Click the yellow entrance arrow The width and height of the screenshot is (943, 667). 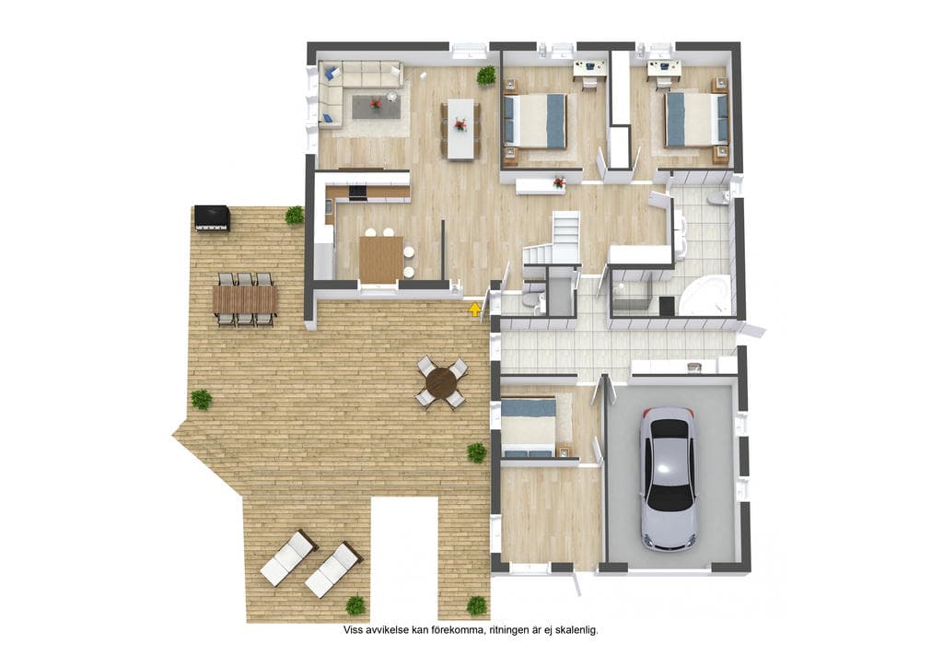(x=475, y=310)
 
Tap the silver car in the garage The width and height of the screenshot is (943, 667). (x=668, y=478)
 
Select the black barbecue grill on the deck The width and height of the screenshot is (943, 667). (x=211, y=218)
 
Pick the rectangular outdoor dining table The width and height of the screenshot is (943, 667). (x=245, y=298)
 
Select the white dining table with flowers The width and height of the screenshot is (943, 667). (x=460, y=129)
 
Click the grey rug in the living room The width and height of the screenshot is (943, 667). (x=376, y=107)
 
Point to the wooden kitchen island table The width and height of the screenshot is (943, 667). (x=381, y=259)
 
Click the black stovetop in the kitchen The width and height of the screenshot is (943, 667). (x=357, y=193)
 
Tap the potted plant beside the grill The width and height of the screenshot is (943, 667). (x=294, y=215)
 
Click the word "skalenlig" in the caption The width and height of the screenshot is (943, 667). (x=576, y=630)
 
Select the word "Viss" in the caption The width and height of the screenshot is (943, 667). (x=353, y=630)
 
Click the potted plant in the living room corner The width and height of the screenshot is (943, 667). (x=486, y=76)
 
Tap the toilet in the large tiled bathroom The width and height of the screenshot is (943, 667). (x=719, y=198)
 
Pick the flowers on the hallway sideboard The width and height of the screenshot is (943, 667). (x=559, y=181)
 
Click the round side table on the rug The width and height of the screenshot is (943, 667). (x=392, y=96)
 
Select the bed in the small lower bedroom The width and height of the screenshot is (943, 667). (x=528, y=427)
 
